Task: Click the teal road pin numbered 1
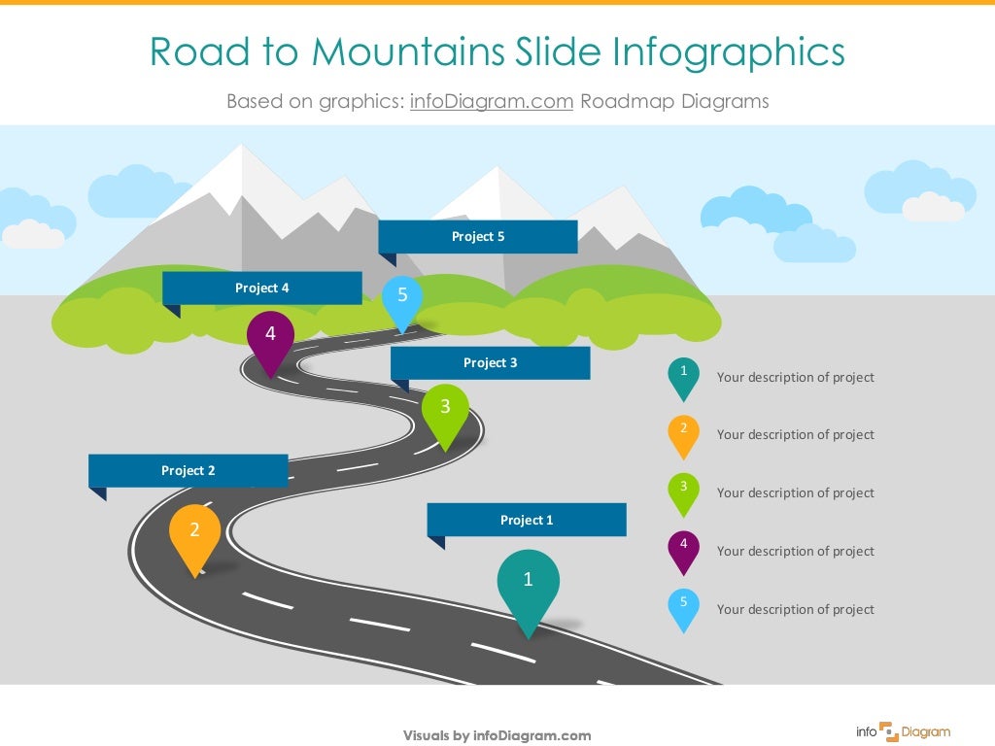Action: (528, 583)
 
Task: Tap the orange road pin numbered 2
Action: (194, 532)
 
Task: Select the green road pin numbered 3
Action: (445, 409)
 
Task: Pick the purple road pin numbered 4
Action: (270, 336)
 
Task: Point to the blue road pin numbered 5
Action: (402, 297)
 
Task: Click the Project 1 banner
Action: (527, 520)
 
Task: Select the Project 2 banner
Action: (189, 470)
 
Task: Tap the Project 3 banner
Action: (491, 362)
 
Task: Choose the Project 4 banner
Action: (262, 288)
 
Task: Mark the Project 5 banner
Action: (478, 236)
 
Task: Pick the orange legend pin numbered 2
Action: (684, 433)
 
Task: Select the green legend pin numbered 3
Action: (684, 491)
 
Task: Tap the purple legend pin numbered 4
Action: (684, 549)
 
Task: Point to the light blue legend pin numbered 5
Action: (684, 607)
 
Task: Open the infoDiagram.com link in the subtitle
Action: (492, 101)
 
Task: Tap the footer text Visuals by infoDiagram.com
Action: (497, 736)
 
